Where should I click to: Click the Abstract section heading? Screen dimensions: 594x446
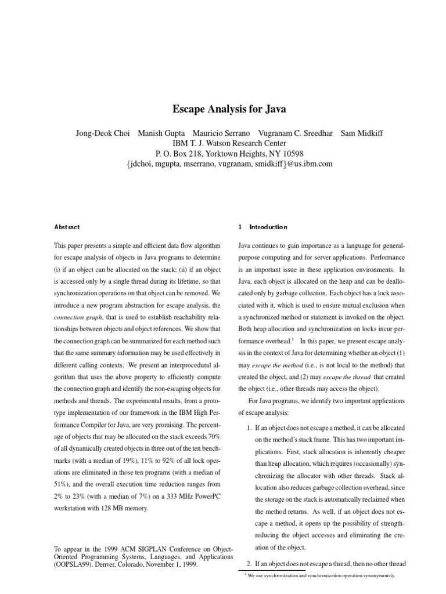point(67,227)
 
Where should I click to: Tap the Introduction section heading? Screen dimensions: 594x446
point(268,227)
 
